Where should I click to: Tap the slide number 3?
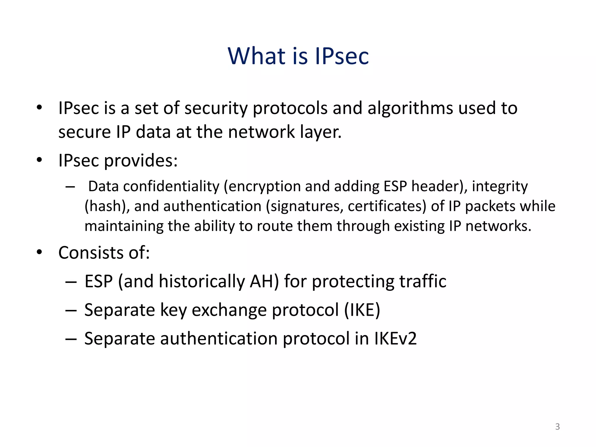557,426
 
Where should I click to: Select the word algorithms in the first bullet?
410,108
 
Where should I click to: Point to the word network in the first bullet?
261,132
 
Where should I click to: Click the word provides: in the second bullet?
141,160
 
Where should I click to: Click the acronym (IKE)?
362,310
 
